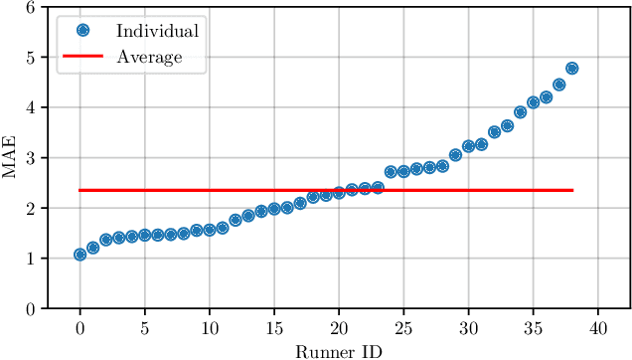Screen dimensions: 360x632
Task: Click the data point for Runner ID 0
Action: (x=79, y=255)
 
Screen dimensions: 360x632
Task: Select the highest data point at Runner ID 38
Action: (x=572, y=69)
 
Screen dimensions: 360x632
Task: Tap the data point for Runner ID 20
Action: (x=339, y=193)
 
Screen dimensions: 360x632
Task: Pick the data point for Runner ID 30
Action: (x=469, y=146)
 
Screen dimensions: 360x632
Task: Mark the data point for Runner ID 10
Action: (x=210, y=230)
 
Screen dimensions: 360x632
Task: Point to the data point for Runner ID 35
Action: (x=534, y=102)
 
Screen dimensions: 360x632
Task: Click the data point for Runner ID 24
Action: (x=391, y=172)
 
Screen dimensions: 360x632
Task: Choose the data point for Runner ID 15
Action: (x=274, y=209)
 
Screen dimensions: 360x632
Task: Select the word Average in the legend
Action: (x=149, y=57)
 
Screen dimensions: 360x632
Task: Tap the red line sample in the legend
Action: (x=83, y=57)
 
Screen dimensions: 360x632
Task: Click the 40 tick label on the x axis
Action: (x=598, y=327)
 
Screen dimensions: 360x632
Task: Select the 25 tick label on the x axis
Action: (x=403, y=327)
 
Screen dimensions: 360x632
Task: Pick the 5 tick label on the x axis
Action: (x=144, y=327)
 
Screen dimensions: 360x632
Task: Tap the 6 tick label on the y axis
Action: (x=33, y=7)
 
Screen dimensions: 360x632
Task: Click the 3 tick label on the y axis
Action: (x=33, y=158)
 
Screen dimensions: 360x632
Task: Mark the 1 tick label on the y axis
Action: (x=33, y=259)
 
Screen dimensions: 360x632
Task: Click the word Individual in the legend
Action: (x=157, y=31)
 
